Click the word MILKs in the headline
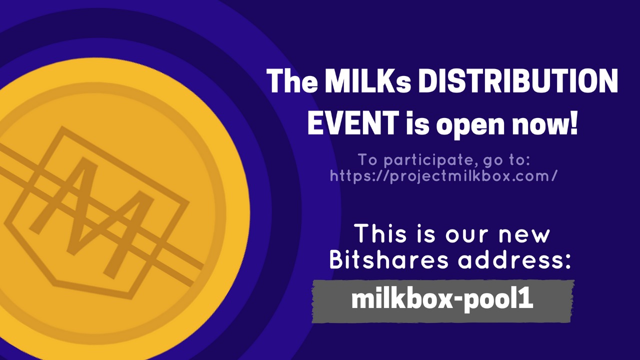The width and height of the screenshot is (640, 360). click(367, 81)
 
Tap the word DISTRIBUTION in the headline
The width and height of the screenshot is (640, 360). click(517, 81)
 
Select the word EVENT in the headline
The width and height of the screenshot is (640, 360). click(353, 123)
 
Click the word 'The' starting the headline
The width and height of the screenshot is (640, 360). click(291, 81)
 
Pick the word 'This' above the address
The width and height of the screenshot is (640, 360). click(380, 233)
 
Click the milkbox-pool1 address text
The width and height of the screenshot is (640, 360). click(442, 299)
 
